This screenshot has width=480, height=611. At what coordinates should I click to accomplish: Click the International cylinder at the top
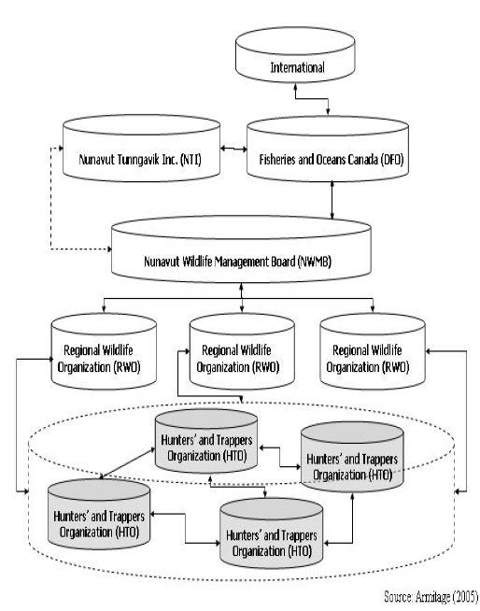click(x=295, y=55)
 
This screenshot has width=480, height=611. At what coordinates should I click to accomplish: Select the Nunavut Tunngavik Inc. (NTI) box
click(x=141, y=148)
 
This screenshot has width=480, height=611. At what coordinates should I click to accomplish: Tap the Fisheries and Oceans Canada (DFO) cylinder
click(x=328, y=149)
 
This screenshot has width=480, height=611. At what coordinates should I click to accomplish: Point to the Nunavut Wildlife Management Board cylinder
click(x=241, y=249)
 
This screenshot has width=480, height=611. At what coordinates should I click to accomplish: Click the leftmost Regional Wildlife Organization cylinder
click(x=104, y=351)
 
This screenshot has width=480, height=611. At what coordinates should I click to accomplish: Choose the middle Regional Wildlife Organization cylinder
click(x=242, y=351)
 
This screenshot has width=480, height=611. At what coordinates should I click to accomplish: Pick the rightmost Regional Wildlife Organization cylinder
click(x=373, y=351)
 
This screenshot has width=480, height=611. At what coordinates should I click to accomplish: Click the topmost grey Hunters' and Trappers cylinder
click(x=206, y=441)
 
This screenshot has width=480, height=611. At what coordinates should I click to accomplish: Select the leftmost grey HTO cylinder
click(x=99, y=514)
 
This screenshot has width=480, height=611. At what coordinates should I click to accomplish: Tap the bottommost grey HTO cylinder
click(x=271, y=533)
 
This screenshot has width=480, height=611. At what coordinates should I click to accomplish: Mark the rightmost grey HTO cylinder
click(x=352, y=457)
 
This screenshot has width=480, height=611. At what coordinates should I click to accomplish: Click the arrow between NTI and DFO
click(x=233, y=149)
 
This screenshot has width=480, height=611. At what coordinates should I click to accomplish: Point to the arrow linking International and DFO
click(x=311, y=99)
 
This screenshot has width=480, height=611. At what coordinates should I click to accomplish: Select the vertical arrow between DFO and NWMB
click(x=332, y=200)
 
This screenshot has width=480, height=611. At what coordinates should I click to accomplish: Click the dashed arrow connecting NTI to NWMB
click(x=51, y=199)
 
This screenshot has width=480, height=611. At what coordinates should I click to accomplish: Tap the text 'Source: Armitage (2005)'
click(x=431, y=597)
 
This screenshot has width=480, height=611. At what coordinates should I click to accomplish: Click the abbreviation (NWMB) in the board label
click(x=314, y=261)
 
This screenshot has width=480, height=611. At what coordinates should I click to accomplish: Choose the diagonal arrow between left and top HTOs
click(x=127, y=462)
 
